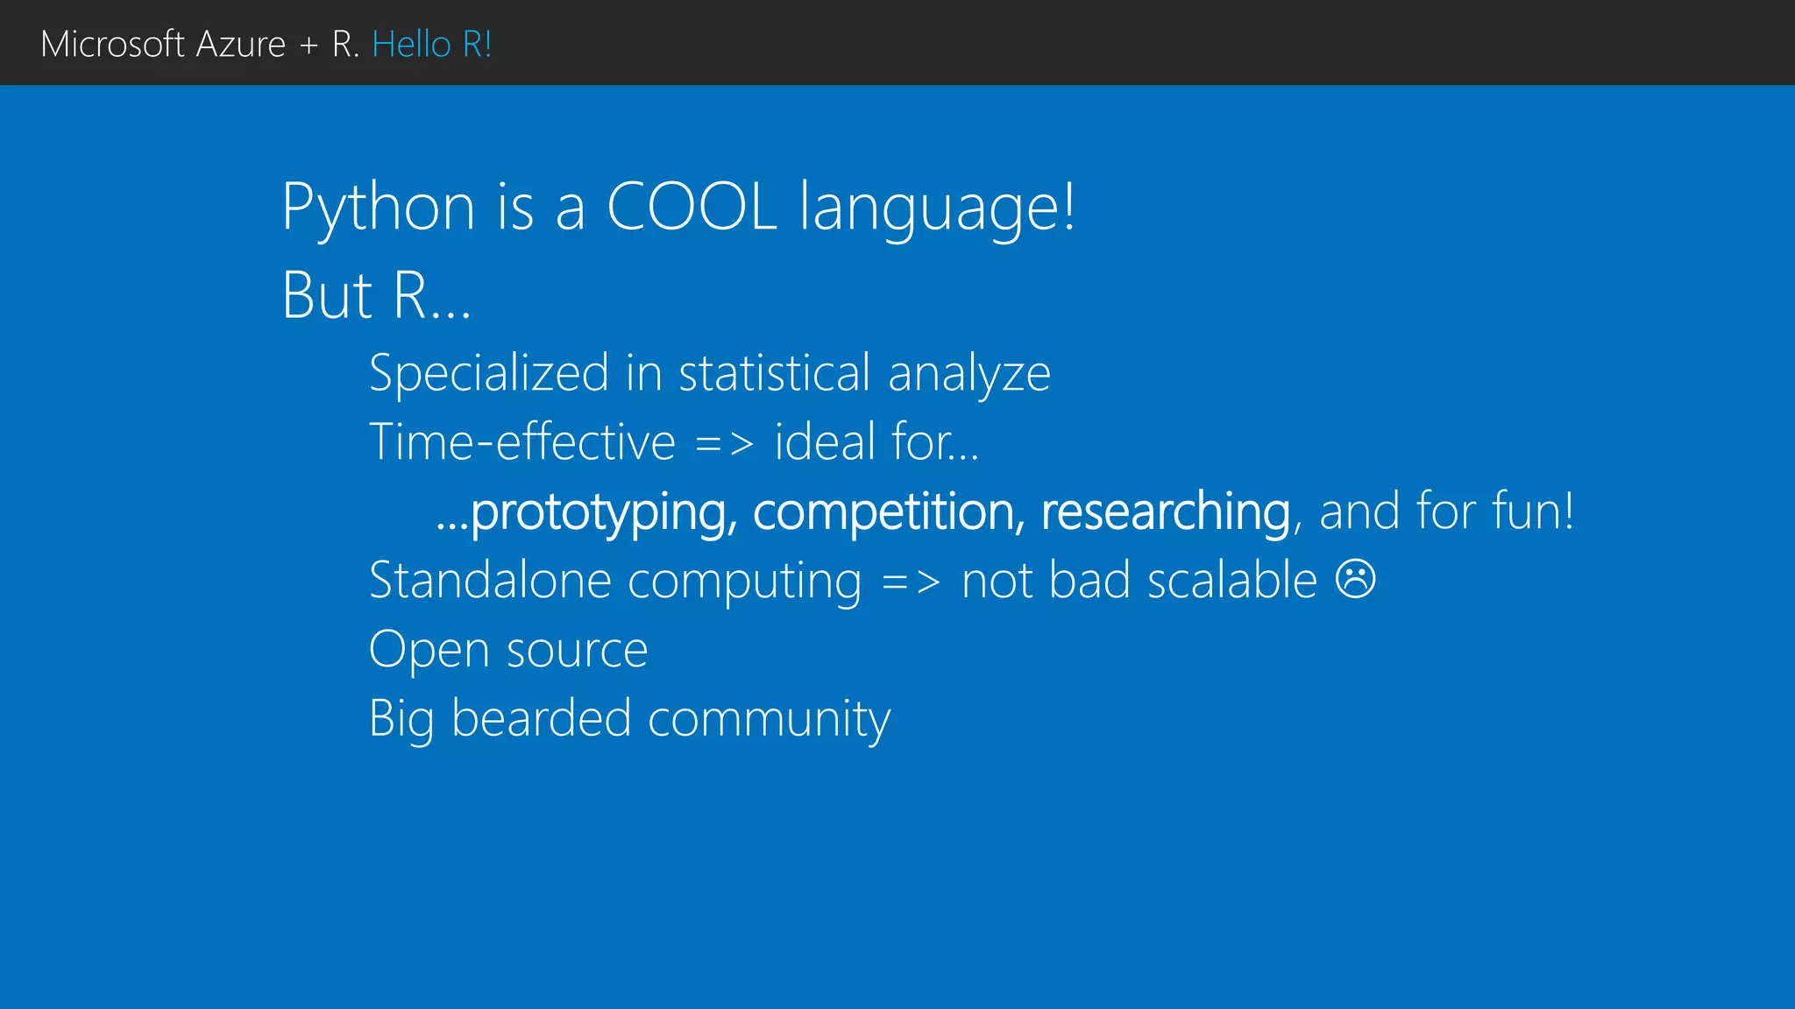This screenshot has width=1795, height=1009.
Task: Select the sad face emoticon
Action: [x=1355, y=579]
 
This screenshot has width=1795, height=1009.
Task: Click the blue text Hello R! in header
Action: [x=431, y=44]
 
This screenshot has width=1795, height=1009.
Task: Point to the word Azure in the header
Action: [x=240, y=44]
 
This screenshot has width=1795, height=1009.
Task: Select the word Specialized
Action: [x=489, y=374]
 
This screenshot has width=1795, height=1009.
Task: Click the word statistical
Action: [x=774, y=372]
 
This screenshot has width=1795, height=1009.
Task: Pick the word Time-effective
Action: [x=522, y=441]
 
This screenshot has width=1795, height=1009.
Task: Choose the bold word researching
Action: [x=1166, y=512]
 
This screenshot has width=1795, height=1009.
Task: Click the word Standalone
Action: [x=490, y=580]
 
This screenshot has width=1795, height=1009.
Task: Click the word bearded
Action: [x=541, y=718]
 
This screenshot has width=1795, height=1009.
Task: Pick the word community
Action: [x=769, y=720]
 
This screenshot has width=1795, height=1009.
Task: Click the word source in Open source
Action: [x=577, y=651]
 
